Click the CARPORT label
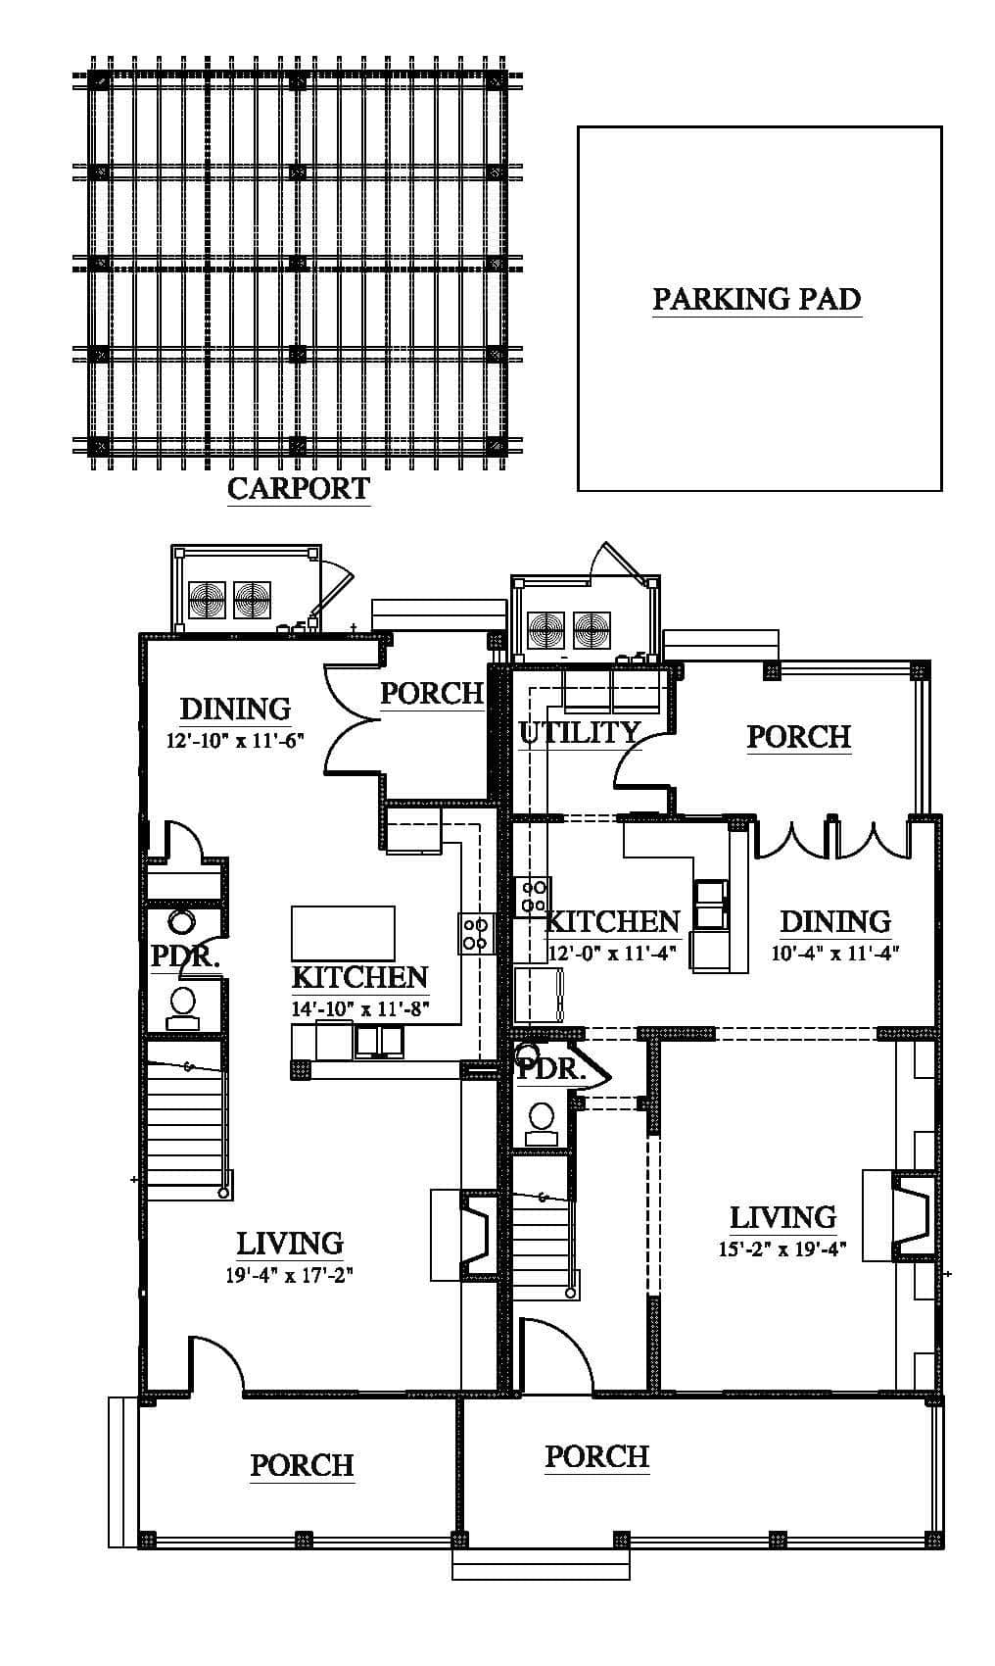(x=298, y=489)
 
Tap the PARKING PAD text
(x=756, y=299)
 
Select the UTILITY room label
(x=579, y=733)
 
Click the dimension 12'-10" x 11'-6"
(x=235, y=741)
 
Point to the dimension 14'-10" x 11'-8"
(x=360, y=1008)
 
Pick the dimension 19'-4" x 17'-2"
(x=289, y=1275)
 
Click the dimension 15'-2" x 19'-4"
(x=782, y=1249)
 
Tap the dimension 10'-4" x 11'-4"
(x=835, y=953)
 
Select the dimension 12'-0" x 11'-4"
(x=611, y=953)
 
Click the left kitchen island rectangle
(x=343, y=933)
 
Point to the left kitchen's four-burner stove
(x=476, y=933)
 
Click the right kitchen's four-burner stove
(x=533, y=897)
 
